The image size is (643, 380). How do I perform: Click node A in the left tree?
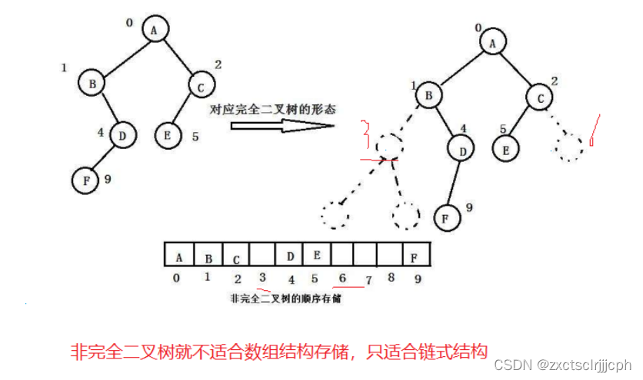pyautogui.click(x=155, y=29)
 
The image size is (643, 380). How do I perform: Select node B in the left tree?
pyautogui.click(x=92, y=81)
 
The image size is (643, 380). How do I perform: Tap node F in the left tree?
pyautogui.click(x=85, y=181)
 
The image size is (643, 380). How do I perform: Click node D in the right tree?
pyautogui.click(x=462, y=151)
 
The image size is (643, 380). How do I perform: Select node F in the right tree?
pyautogui.click(x=445, y=217)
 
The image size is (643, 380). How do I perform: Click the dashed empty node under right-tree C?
pyautogui.click(x=570, y=147)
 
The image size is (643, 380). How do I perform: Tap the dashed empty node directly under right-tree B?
pyautogui.click(x=390, y=144)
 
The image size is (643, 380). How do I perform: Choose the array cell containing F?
pyautogui.click(x=415, y=253)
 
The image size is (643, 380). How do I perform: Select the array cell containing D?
pyautogui.click(x=290, y=253)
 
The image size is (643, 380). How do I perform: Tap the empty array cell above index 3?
pyautogui.click(x=263, y=253)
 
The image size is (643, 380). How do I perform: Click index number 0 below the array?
pyautogui.click(x=177, y=279)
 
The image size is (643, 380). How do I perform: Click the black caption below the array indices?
pyautogui.click(x=285, y=299)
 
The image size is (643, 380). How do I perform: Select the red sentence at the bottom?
pyautogui.click(x=279, y=352)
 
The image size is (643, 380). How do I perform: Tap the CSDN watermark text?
pyautogui.click(x=561, y=365)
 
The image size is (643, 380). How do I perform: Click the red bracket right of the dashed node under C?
pyautogui.click(x=595, y=129)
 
